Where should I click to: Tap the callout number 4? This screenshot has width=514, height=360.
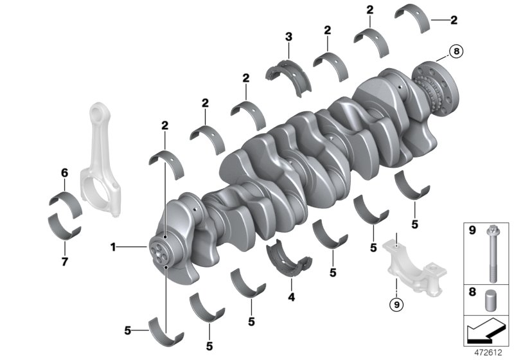(x=291, y=298)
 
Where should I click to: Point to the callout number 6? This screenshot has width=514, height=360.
(x=64, y=172)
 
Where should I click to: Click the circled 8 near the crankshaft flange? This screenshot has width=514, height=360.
(x=456, y=51)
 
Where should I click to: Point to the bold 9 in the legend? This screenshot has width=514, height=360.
(x=471, y=230)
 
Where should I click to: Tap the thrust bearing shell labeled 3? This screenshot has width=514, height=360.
(x=288, y=74)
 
